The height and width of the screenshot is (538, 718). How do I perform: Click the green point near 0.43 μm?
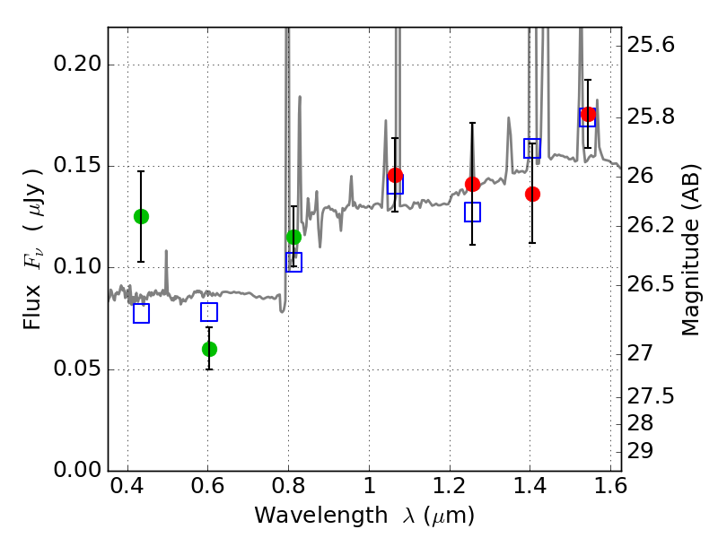(x=141, y=216)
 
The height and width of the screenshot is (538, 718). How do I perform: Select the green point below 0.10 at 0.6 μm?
(x=209, y=349)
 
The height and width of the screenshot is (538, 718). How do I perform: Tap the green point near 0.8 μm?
(x=293, y=237)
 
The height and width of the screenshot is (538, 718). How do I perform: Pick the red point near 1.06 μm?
(x=395, y=175)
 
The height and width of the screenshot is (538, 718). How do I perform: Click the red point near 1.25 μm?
(x=473, y=184)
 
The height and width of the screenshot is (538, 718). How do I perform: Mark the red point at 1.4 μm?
(x=532, y=194)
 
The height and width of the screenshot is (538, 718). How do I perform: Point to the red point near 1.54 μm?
(x=588, y=115)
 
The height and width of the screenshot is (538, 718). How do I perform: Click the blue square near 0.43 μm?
(x=141, y=313)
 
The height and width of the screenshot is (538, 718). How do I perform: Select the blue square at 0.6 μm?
(x=209, y=311)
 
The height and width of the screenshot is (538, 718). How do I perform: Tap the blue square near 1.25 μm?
(x=473, y=212)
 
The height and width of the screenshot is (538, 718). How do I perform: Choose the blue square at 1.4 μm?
(x=532, y=148)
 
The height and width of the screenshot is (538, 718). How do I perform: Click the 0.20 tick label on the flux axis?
(x=77, y=64)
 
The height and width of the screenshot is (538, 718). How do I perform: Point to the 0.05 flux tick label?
(x=77, y=369)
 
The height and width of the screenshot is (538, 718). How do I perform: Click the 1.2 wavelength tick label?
(x=450, y=485)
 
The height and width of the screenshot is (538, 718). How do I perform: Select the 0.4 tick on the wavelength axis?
(x=127, y=485)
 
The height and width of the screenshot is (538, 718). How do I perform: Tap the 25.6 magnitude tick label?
(x=651, y=45)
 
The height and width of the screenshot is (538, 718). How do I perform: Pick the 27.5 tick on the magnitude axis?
(x=651, y=395)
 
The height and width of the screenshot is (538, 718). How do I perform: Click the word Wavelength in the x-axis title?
(x=321, y=516)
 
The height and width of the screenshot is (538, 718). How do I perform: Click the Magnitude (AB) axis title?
(x=690, y=250)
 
